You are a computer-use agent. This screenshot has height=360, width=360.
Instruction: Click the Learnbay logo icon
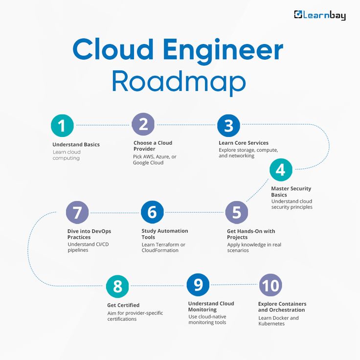tap(298, 15)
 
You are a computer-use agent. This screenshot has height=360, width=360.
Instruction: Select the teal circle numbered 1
tap(62, 125)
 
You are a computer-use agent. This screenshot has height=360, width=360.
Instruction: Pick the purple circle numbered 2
tap(143, 124)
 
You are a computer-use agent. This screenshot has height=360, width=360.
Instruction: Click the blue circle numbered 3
tap(228, 125)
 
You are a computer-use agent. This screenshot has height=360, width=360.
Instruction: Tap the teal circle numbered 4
tap(281, 170)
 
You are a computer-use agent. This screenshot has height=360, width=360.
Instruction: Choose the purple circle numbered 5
tap(237, 212)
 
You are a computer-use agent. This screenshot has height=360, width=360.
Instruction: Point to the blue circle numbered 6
tap(152, 212)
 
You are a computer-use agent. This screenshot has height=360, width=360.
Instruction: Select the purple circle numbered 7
tap(77, 212)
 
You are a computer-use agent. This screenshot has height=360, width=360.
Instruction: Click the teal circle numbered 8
tap(117, 287)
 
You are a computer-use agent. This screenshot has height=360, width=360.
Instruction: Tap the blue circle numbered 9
tap(198, 285)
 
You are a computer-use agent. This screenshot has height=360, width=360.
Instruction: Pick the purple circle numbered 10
tap(270, 285)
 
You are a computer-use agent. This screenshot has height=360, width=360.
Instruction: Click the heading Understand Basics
tap(76, 145)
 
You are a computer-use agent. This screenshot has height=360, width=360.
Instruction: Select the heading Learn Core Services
tap(244, 143)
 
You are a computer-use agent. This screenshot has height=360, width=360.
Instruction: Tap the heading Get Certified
tap(123, 305)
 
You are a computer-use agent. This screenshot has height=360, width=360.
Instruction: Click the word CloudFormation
tap(160, 250)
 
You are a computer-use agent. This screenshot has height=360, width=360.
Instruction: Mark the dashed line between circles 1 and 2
tap(103, 125)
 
